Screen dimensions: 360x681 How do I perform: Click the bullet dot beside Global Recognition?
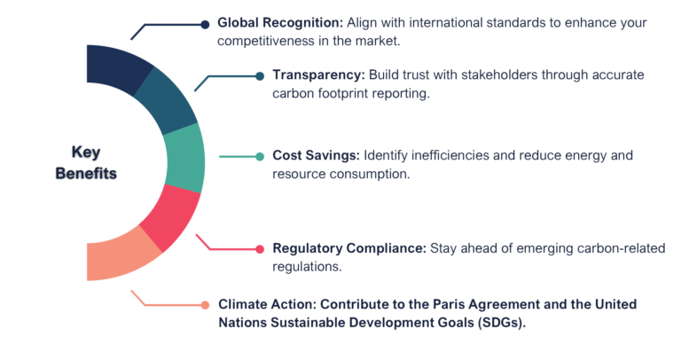point(206,22)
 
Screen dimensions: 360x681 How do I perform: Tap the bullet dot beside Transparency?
point(259,76)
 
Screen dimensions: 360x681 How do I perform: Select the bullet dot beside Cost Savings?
point(259,156)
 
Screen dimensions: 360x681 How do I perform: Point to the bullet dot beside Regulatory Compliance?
point(258,248)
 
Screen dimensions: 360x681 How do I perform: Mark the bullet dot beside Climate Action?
point(206,304)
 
